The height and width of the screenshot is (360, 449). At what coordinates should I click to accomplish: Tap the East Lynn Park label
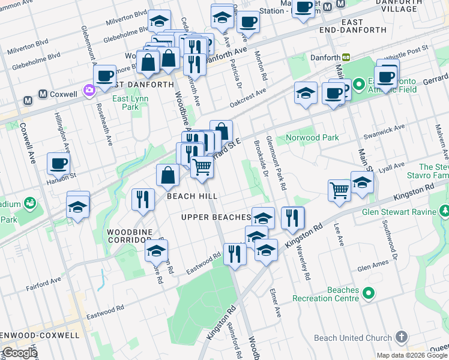(x=126, y=103)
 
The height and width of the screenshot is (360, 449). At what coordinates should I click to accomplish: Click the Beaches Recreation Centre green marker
(x=369, y=293)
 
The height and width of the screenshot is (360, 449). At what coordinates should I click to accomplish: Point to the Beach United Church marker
(x=402, y=337)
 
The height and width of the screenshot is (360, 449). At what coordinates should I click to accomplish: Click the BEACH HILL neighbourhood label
(x=192, y=196)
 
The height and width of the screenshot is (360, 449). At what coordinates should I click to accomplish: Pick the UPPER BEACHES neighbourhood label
(x=215, y=217)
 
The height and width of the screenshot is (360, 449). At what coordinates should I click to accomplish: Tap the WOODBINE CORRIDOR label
(x=129, y=235)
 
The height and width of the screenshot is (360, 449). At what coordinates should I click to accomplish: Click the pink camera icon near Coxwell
(x=89, y=90)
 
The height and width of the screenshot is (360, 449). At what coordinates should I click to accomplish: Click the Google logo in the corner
(x=20, y=353)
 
